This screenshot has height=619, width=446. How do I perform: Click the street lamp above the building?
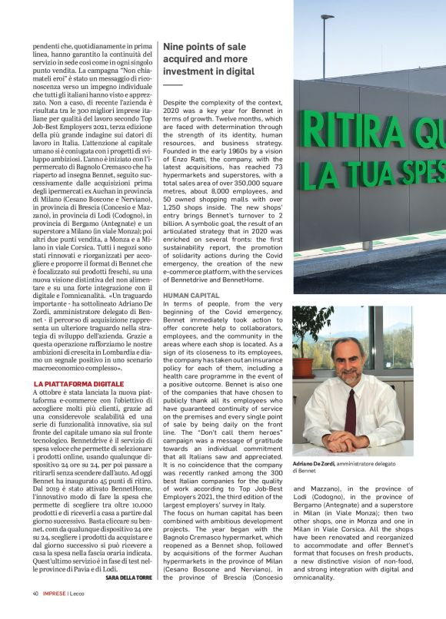pos(328,16)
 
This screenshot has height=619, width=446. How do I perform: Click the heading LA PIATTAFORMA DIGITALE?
pos(78,382)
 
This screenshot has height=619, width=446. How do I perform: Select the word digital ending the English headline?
pos(240,71)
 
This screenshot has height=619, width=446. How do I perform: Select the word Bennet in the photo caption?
pos(308,471)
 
